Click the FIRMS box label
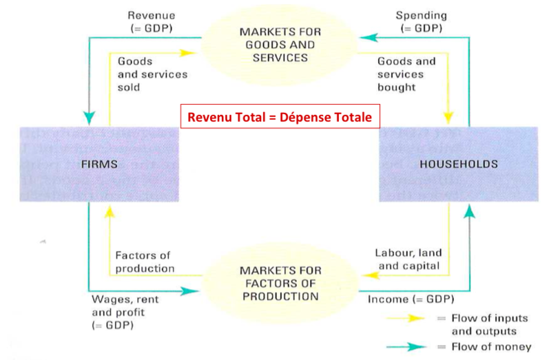(99, 164)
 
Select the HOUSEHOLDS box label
(459, 164)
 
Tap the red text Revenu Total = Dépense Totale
(280, 117)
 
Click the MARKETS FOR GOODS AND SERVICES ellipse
(280, 45)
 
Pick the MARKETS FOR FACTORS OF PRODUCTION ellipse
(280, 283)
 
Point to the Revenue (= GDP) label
(152, 22)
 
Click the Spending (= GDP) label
(422, 22)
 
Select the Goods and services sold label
(152, 74)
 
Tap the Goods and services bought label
(406, 74)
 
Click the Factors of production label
(145, 262)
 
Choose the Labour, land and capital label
(408, 260)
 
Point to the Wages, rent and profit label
(125, 313)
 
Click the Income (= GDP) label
(410, 299)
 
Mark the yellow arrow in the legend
(406, 318)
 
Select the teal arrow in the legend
(406, 347)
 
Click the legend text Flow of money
(491, 347)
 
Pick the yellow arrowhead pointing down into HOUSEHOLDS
(448, 118)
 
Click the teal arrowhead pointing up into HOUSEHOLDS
(470, 211)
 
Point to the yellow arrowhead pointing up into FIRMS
(110, 212)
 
